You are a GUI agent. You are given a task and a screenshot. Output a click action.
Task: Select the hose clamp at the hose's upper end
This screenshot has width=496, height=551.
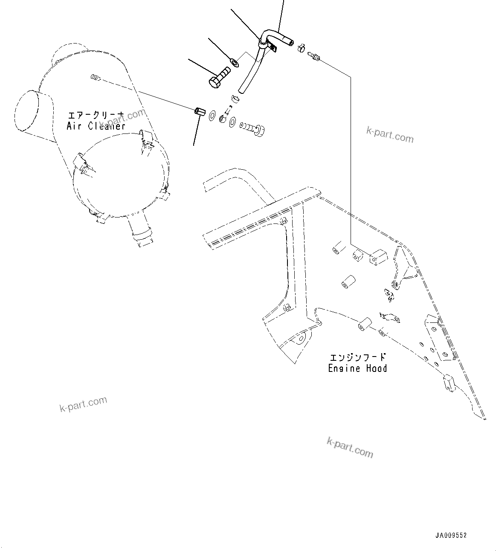tap(302, 48)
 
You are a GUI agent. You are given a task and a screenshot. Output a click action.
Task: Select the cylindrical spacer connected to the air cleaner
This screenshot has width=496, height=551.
tap(200, 112)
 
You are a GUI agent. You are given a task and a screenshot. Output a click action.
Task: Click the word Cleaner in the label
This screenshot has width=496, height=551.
tap(107, 126)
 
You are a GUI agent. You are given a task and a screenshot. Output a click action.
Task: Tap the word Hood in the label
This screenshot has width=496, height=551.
tap(377, 368)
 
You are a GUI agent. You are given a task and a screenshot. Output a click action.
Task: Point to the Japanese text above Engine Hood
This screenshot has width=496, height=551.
tap(357, 357)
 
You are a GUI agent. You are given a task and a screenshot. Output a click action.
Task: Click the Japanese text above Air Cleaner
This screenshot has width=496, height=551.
tap(96, 115)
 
